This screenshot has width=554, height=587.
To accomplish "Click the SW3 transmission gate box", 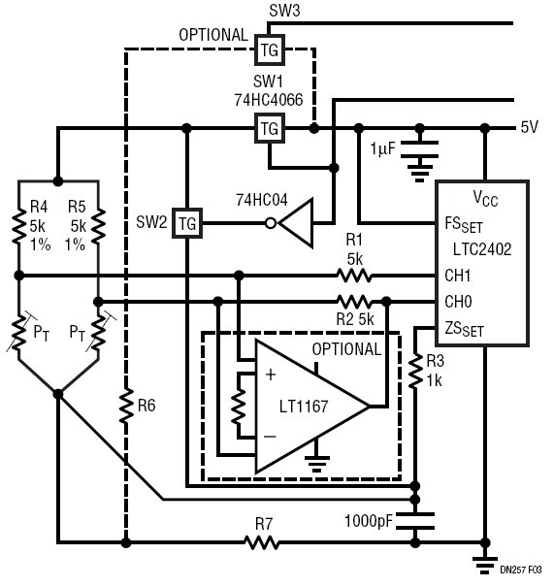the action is [270, 49].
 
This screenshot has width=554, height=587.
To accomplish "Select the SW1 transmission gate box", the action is [270, 128].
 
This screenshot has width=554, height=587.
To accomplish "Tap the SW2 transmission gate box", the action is [187, 223].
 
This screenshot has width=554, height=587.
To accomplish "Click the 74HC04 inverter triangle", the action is [296, 223].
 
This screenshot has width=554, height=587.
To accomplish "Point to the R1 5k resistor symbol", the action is [354, 276].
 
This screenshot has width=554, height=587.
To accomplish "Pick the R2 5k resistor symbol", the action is [354, 302].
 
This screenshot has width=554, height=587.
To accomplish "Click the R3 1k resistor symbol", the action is [415, 372].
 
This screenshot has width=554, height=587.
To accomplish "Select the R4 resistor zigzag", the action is [18, 226].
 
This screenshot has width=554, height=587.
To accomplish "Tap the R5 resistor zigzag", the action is [98, 226].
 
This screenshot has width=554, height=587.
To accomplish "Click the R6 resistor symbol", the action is [126, 406].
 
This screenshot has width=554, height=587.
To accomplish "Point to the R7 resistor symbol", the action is [262, 542].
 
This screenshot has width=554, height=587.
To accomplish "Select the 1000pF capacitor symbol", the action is [415, 521].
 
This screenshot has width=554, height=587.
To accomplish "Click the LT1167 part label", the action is [304, 407].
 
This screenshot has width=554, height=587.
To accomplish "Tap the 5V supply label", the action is [530, 127].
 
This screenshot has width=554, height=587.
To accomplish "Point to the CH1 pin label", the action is [457, 276].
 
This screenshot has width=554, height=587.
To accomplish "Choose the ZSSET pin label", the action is [464, 329].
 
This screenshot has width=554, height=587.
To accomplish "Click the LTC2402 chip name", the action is [482, 249].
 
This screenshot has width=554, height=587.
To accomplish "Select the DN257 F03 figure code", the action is [521, 571].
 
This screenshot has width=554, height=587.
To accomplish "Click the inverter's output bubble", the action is [271, 223].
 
